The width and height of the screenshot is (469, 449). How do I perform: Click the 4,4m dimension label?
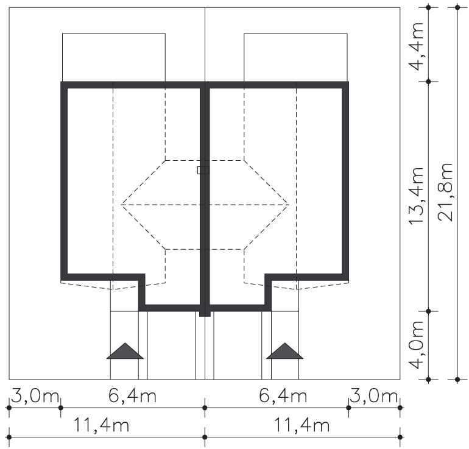(x=417, y=46)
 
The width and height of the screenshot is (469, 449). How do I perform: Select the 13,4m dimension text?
(x=417, y=196)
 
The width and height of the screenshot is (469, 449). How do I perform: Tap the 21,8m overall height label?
(x=445, y=193)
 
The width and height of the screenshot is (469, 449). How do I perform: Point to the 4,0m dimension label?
(x=417, y=345)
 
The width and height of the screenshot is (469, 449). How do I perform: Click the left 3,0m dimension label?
(x=35, y=396)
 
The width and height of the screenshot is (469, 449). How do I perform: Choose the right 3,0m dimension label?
(x=373, y=396)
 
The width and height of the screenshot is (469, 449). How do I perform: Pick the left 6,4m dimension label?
(x=132, y=396)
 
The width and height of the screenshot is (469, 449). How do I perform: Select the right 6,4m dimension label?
(x=283, y=396)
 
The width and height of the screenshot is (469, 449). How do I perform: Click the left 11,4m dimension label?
(x=101, y=425)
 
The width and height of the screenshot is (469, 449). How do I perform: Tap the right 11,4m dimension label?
(x=301, y=425)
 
